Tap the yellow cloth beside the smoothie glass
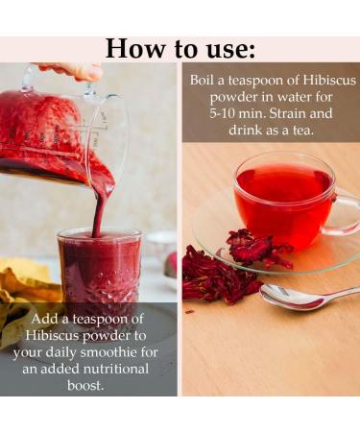click(x=21, y=288)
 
